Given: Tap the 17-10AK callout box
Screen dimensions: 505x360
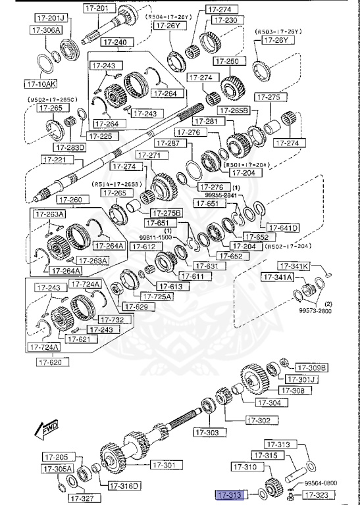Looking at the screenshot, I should coord(41,84).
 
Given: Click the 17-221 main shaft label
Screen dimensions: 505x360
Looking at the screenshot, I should coord(54,159).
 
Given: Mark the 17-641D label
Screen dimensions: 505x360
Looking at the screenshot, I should coord(284,228).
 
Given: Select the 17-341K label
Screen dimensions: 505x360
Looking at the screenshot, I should coord(293,266).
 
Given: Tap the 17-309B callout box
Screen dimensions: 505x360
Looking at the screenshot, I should coord(311,368).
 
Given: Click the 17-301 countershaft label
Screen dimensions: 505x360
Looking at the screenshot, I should coord(165,465).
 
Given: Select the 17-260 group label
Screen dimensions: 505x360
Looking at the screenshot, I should coord(71,200).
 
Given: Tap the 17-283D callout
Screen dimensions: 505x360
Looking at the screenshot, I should coord(70,147).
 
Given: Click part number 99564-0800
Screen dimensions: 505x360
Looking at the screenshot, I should coord(320,482).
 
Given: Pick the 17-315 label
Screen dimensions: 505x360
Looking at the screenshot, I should coord(280,456).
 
